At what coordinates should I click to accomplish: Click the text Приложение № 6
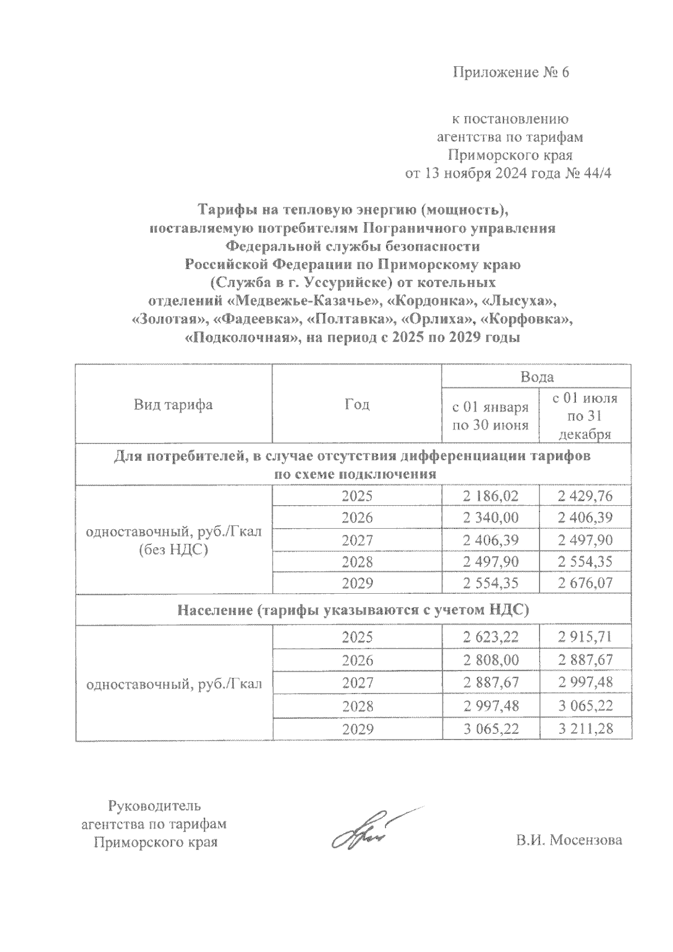coord(510,73)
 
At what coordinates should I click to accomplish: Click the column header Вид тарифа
coord(173,404)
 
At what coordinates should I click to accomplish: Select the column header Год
coord(357,404)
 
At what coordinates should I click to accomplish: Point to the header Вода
coord(537,376)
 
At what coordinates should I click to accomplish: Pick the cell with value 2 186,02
coord(491,496)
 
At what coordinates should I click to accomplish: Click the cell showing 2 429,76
coord(585,496)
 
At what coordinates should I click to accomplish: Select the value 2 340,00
coord(491,517)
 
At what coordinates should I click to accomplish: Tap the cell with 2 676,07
coord(585,583)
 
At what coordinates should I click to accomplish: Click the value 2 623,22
coord(491,637)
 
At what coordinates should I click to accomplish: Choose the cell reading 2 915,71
coord(585,637)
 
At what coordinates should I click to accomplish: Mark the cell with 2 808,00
coord(491,659)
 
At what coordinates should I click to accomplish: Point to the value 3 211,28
coord(585,729)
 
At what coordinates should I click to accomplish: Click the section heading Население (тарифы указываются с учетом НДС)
coord(353,610)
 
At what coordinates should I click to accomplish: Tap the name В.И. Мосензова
coord(569,840)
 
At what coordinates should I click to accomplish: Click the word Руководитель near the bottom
coord(154,806)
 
